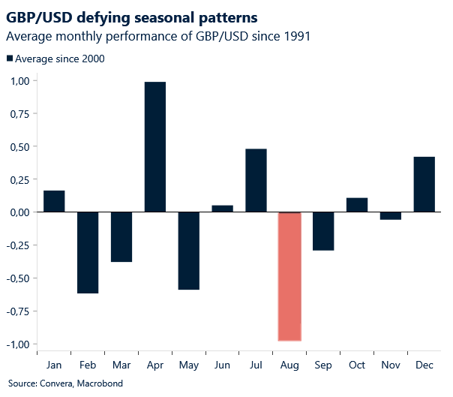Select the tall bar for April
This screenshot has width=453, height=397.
155,147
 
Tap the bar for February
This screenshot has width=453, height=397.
88,252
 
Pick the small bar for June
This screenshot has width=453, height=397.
222,209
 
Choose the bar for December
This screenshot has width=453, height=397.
424,185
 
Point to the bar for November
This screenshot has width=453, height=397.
391,216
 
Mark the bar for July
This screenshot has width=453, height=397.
256,181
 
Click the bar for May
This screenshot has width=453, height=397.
189,251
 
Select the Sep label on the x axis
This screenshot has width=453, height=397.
323,365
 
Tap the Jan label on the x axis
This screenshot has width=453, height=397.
54,365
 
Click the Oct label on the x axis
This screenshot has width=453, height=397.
357,365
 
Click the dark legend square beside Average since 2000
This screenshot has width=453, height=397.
9,59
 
